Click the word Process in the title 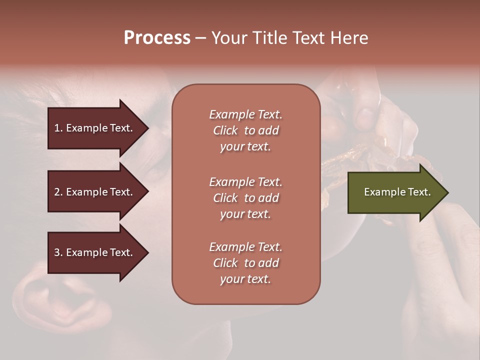[157, 38]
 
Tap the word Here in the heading [348, 38]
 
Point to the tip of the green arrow [447, 192]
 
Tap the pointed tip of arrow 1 [147, 128]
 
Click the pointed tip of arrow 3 [147, 252]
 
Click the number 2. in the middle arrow [58, 192]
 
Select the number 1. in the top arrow [58, 128]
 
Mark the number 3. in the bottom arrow [58, 252]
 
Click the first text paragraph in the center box [245, 130]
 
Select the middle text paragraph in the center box [245, 198]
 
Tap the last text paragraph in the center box [245, 263]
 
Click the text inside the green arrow [397, 192]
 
